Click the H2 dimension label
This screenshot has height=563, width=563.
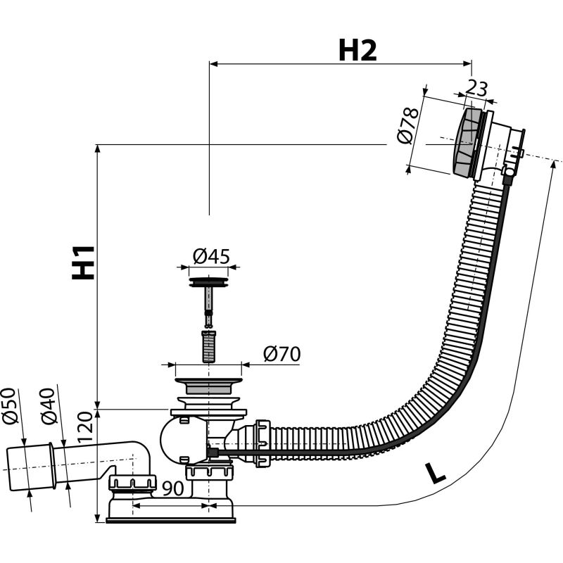358,50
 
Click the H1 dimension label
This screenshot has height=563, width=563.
84,262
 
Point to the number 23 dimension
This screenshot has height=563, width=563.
477,89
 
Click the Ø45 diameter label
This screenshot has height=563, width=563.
210,256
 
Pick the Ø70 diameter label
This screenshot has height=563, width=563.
281,354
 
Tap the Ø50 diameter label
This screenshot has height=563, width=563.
9,406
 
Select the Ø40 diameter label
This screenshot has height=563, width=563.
47,406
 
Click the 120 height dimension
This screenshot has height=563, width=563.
85,426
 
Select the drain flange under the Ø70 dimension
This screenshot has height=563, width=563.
208,386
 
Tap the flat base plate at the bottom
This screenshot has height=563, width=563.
170,519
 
